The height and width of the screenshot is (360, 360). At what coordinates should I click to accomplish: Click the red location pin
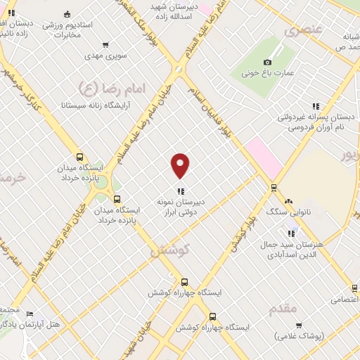[181, 165]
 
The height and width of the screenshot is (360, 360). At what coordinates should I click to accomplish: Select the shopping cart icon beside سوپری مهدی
[105, 45]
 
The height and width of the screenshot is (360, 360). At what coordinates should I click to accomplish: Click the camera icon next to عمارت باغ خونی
[267, 62]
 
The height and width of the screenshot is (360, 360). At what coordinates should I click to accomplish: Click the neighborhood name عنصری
[304, 31]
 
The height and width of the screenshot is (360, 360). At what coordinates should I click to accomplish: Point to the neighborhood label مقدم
[283, 308]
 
